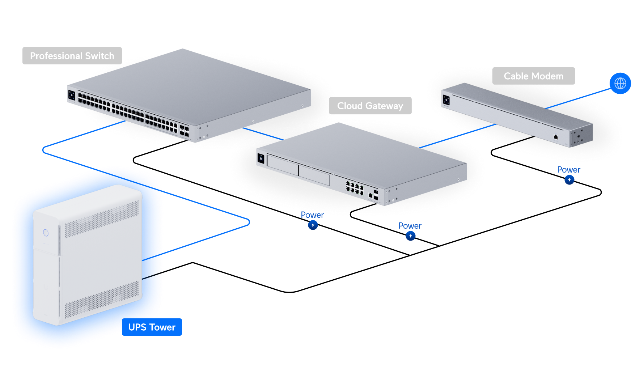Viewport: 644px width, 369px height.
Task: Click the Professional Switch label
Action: click(x=72, y=56)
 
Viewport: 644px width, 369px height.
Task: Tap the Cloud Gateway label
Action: click(x=370, y=106)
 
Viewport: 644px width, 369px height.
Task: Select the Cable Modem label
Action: click(x=534, y=76)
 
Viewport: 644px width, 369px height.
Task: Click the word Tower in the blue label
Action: click(x=162, y=327)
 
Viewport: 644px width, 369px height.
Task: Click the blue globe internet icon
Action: click(x=620, y=83)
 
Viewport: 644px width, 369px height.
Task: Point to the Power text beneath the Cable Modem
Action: click(x=569, y=170)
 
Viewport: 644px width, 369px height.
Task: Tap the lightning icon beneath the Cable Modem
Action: click(x=569, y=180)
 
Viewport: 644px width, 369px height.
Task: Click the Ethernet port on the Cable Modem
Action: click(x=556, y=137)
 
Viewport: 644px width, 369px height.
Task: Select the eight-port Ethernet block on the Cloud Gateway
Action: click(x=355, y=188)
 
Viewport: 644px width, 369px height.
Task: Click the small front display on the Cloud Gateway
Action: click(x=261, y=158)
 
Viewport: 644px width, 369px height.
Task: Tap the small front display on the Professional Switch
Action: click(x=72, y=95)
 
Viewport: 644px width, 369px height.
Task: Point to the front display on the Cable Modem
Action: click(x=446, y=100)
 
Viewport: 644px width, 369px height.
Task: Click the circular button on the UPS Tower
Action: click(x=46, y=233)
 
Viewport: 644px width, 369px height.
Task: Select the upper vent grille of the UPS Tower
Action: click(x=102, y=219)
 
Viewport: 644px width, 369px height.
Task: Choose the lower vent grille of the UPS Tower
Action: click(x=102, y=300)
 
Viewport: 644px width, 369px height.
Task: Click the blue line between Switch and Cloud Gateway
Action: click(x=262, y=133)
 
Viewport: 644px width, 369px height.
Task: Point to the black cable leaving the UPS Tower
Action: click(x=153, y=276)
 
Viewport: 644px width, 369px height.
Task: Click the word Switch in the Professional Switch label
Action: click(x=100, y=56)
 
